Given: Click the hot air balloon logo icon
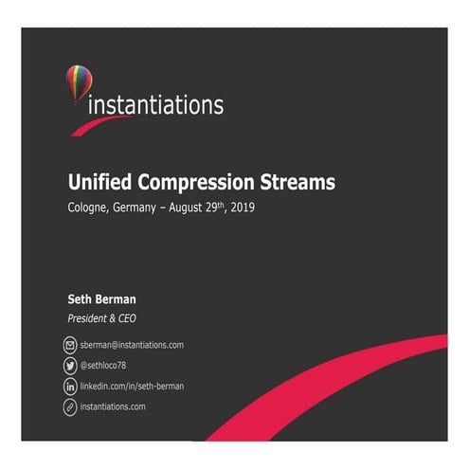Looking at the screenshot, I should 78,82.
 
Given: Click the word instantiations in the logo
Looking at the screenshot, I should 155,103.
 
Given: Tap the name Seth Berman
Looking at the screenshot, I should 101,300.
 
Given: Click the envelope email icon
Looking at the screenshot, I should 69,346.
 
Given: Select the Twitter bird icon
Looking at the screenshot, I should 69,366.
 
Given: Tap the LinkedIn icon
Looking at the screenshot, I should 69,387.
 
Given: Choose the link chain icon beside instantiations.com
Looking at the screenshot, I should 69,407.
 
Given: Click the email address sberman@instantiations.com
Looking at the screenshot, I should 132,346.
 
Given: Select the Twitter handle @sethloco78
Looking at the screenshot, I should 107,366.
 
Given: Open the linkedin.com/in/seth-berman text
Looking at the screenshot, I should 132,387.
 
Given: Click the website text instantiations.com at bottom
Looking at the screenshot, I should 113,407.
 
